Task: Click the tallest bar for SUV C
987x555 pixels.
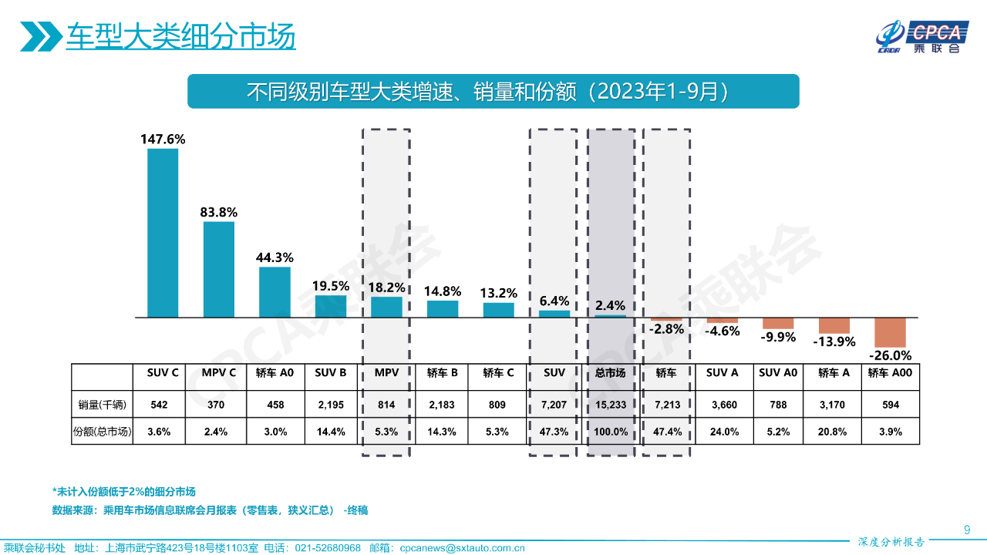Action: click(163, 233)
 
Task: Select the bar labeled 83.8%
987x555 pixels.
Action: click(219, 270)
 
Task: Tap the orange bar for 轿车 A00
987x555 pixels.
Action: click(890, 332)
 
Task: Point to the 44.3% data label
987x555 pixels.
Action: click(275, 257)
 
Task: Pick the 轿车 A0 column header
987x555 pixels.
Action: click(275, 373)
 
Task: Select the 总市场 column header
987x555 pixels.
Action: click(611, 373)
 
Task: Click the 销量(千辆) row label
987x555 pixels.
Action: click(102, 404)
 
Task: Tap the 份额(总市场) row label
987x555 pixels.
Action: click(102, 432)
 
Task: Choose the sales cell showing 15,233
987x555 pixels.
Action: click(611, 404)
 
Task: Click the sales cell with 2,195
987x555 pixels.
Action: click(331, 404)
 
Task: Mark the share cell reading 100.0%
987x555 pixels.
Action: click(611, 432)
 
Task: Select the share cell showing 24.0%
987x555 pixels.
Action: click(723, 432)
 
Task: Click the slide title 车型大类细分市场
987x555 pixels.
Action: click(180, 36)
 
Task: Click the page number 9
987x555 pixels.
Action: click(967, 529)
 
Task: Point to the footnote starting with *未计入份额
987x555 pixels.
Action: click(123, 492)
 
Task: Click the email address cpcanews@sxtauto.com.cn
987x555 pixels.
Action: click(462, 548)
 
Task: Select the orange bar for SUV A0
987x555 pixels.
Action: click(778, 324)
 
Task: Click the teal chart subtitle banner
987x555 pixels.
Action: click(493, 92)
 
